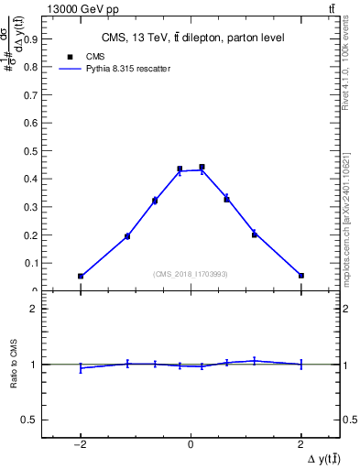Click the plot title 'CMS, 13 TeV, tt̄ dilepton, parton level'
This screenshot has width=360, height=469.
click(191, 38)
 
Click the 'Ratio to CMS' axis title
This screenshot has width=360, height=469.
click(15, 364)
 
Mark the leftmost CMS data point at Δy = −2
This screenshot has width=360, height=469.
click(81, 276)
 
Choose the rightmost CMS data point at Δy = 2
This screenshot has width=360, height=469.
click(300, 275)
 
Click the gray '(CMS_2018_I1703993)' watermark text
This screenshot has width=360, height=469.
click(191, 273)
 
